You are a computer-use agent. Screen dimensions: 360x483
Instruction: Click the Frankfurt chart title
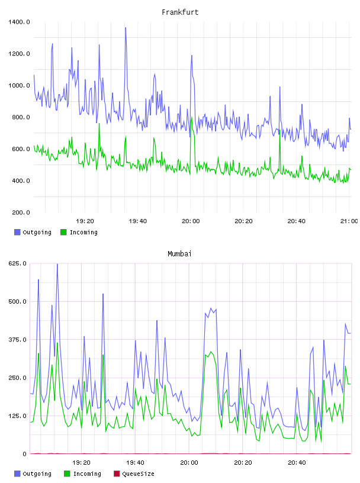[180, 12]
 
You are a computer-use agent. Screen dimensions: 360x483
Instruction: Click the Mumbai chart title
[179, 253]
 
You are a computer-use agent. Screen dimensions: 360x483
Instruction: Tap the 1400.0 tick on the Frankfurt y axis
[19, 22]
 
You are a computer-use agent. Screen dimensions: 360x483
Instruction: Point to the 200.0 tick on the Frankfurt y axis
[21, 212]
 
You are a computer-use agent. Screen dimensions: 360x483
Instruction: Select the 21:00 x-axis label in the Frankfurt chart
[349, 221]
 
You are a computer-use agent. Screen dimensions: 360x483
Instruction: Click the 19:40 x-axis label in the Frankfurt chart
[138, 221]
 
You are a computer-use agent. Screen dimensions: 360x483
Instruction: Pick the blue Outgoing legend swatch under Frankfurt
[17, 232]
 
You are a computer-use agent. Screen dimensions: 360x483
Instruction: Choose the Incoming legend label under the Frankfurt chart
[83, 232]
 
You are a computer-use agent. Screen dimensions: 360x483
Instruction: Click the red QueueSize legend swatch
[117, 474]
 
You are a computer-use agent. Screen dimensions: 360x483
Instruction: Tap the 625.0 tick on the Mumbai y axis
[18, 263]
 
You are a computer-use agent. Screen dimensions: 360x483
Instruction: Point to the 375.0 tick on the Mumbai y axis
[18, 339]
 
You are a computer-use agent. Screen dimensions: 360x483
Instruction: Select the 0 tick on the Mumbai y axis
[25, 454]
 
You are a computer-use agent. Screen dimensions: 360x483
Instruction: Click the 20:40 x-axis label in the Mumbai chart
[297, 462]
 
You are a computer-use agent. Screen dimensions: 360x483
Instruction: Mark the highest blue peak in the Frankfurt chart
[126, 28]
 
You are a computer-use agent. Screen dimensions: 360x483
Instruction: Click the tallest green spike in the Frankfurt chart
[99, 124]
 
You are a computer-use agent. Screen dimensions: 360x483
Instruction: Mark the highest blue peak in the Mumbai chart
[57, 265]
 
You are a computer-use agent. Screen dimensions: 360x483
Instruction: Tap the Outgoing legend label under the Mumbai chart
[37, 474]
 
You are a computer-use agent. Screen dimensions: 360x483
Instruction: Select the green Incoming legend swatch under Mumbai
[67, 474]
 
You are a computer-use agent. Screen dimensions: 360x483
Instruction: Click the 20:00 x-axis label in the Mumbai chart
[189, 462]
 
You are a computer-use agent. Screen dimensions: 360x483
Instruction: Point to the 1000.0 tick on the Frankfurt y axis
[19, 85]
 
